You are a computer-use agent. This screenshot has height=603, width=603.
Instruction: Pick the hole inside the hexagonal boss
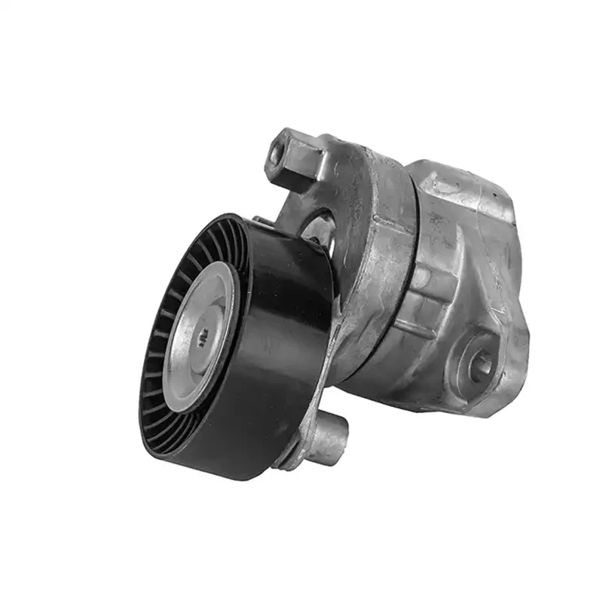tap(280, 152)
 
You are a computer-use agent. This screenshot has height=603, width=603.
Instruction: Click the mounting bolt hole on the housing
tap(480, 363)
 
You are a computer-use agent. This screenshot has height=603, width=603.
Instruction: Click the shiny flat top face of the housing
tap(467, 188)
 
